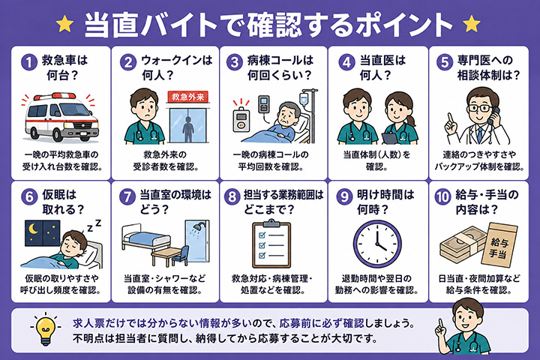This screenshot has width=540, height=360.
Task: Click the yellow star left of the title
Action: pos(64,24)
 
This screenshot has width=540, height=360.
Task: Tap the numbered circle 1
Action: pos(29,63)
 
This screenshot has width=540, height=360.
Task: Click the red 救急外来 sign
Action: pos(188,97)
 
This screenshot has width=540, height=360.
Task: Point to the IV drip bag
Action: pos(304,99)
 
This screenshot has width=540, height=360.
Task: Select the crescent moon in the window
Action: pos(34,229)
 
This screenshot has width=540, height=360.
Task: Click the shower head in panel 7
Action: pos(198,227)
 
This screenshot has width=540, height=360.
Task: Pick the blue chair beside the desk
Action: pos(181,256)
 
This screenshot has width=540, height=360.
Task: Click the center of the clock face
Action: pos(377,244)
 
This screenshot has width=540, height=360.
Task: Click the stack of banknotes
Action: pos(460,245)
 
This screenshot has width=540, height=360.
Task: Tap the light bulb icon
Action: pos(46,329)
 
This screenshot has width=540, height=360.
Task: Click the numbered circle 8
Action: pos(232,196)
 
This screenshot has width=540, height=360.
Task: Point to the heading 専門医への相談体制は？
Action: pos(488,67)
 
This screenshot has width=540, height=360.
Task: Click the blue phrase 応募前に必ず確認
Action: pos(322,323)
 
